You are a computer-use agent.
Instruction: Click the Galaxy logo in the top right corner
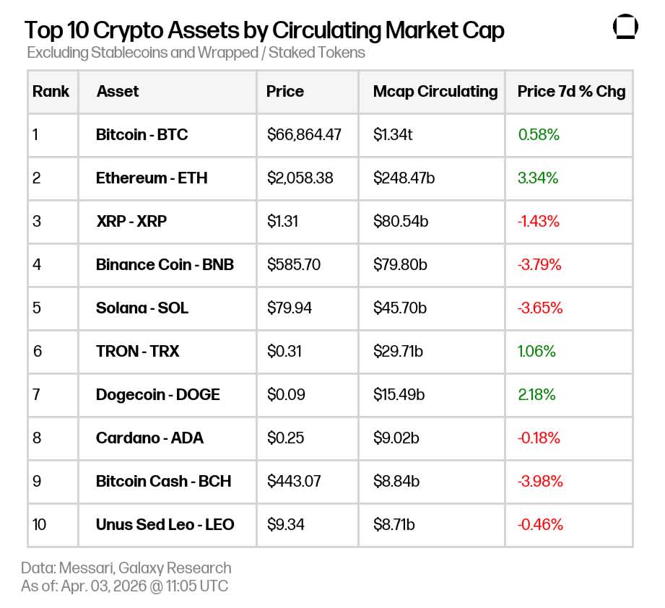625,27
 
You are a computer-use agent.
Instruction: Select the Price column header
284,92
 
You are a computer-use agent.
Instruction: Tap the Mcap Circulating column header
435,92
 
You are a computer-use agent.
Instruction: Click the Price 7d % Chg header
571,92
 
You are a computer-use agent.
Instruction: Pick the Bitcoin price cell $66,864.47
303,135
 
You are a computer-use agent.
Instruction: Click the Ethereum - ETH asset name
152,178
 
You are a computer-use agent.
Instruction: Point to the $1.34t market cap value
393,135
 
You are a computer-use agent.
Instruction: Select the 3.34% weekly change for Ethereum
538,178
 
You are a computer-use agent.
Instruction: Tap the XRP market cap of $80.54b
400,222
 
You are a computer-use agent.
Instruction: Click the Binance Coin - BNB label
165,265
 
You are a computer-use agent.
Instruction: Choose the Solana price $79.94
290,308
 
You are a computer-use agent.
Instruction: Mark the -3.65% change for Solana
539,308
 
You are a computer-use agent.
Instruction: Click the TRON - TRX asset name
137,352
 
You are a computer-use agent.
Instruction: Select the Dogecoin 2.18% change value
536,395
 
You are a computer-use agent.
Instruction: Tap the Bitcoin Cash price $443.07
294,482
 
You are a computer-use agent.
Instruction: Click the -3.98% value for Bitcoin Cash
539,482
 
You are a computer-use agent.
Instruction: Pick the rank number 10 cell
39,525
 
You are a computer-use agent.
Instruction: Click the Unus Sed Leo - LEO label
165,525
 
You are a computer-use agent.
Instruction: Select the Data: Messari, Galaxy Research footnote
126,568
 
